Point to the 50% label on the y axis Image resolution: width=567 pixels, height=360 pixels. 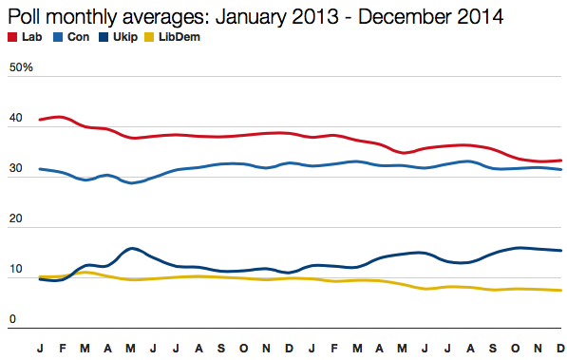pyautogui.click(x=20, y=68)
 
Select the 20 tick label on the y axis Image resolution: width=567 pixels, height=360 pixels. pyautogui.click(x=14, y=220)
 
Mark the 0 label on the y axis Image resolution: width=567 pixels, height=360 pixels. pyautogui.click(x=11, y=320)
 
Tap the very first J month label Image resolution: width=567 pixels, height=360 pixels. pyautogui.click(x=40, y=349)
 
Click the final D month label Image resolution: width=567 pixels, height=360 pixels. pyautogui.click(x=560, y=349)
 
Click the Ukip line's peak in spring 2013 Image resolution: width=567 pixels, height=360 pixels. pyautogui.click(x=131, y=248)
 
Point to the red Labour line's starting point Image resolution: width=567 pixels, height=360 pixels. pyautogui.click(x=40, y=120)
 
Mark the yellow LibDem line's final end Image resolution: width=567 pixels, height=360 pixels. pyautogui.click(x=560, y=291)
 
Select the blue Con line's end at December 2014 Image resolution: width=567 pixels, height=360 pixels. pyautogui.click(x=560, y=170)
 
